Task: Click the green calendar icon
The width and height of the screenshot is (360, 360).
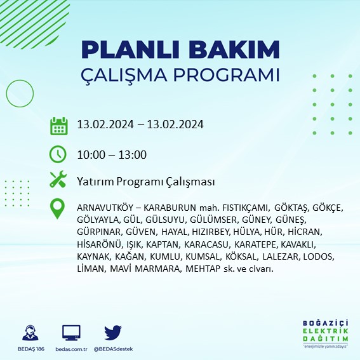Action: tap(58, 125)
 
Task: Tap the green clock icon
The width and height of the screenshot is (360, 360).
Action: tap(58, 154)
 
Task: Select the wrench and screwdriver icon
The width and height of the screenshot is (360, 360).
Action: tap(58, 180)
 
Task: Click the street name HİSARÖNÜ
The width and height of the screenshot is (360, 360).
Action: tap(97, 244)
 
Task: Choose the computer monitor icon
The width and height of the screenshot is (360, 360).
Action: tap(71, 333)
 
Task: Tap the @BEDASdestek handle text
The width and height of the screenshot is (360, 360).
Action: tap(114, 349)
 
